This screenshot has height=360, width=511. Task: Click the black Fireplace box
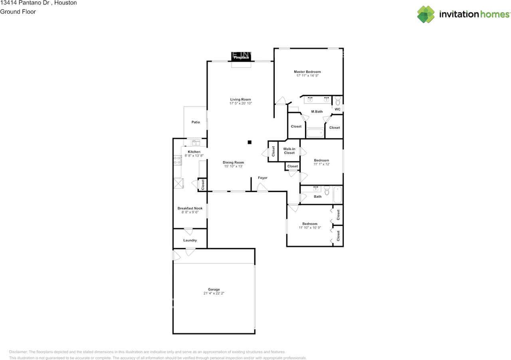[241, 57]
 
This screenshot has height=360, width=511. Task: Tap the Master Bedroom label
[307, 72]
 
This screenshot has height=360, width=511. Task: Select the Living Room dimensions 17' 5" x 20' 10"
[240, 103]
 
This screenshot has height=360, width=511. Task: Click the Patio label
[195, 122]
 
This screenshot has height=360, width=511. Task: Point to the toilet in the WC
[338, 102]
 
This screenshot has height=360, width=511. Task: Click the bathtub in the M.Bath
[315, 133]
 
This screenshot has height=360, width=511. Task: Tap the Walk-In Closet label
[289, 151]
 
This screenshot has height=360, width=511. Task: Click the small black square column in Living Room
[250, 142]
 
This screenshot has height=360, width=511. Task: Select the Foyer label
[262, 178]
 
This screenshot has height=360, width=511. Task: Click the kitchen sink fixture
[196, 142]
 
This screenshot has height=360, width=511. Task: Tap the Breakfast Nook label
[190, 208]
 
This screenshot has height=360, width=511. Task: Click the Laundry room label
[190, 240]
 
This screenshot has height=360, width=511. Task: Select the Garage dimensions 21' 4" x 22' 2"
[214, 293]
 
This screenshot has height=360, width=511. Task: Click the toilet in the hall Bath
[326, 192]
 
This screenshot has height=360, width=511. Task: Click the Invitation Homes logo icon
[426, 14]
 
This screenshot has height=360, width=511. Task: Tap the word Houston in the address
[65, 3]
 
